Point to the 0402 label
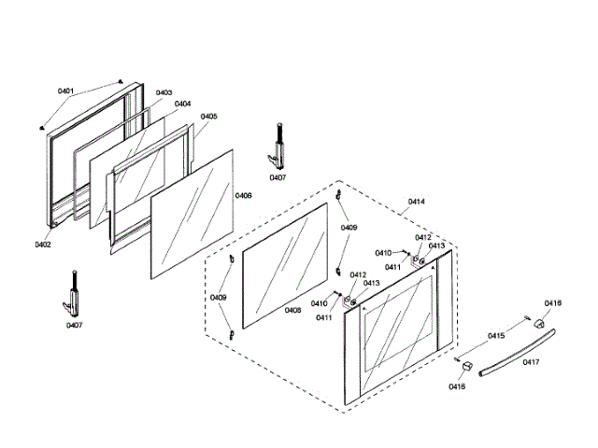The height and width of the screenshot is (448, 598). (x=43, y=245)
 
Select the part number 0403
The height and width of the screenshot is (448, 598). (x=164, y=92)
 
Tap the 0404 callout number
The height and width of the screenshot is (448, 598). (x=182, y=104)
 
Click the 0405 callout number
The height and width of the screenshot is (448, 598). (x=208, y=117)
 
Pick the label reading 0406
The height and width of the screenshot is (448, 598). (x=243, y=196)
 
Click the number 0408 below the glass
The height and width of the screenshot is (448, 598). (x=292, y=310)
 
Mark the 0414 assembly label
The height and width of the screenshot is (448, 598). (x=416, y=202)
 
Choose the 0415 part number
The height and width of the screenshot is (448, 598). (x=496, y=335)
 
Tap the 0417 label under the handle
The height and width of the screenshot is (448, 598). (x=531, y=362)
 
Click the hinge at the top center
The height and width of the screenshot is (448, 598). (x=278, y=145)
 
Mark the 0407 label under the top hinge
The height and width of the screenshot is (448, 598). (x=278, y=176)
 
